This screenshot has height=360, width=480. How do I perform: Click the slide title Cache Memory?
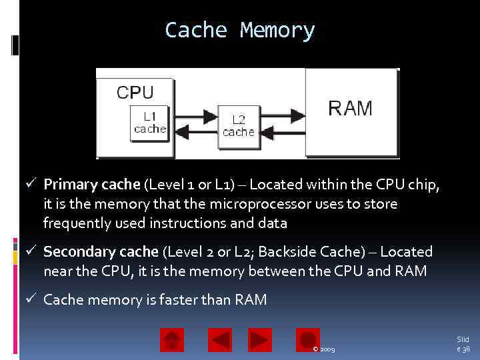(239, 30)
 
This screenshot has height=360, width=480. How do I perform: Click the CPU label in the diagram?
(135, 92)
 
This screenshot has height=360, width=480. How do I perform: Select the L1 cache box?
(149, 122)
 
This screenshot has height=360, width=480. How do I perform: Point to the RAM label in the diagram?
(350, 108)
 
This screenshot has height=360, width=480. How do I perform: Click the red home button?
(172, 340)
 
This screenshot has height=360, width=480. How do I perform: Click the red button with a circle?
(308, 340)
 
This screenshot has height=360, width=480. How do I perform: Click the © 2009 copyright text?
(324, 349)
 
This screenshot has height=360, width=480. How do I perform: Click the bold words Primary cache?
(91, 185)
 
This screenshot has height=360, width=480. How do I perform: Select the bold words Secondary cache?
(101, 252)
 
